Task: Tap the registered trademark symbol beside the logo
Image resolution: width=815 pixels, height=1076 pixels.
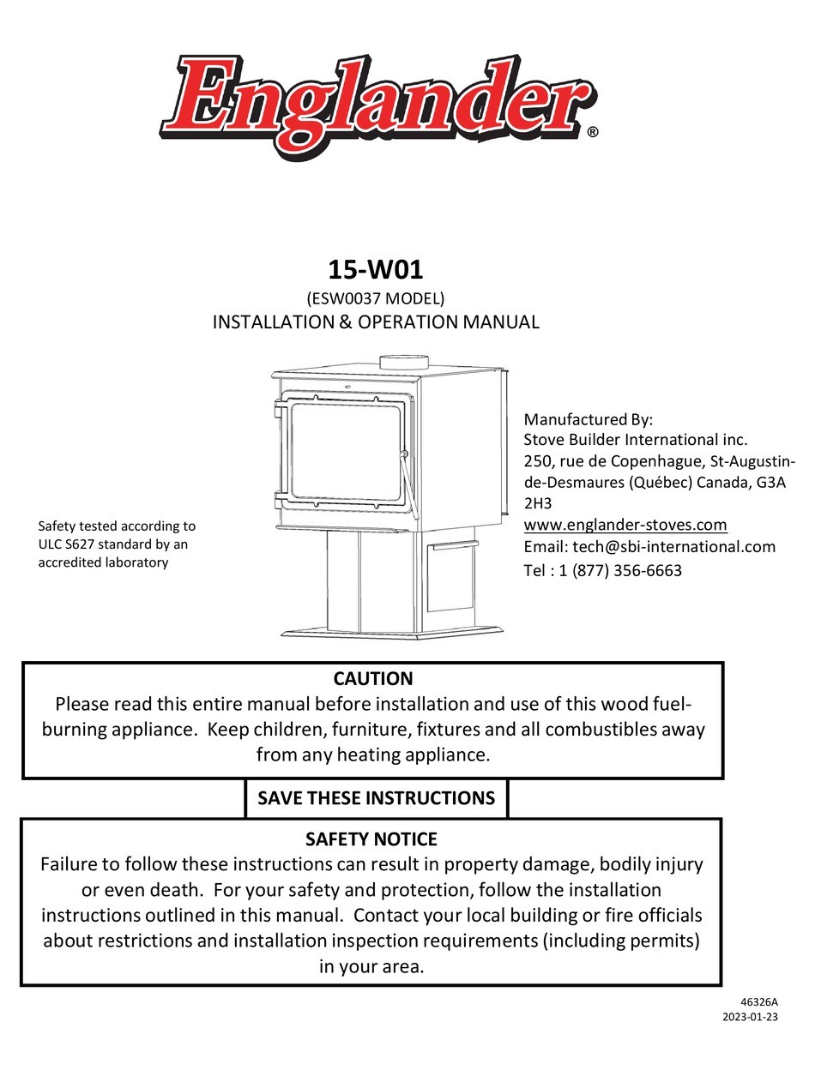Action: [593, 133]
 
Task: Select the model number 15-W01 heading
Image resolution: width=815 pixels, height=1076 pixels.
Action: [375, 269]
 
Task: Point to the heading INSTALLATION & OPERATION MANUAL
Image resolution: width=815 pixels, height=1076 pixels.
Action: [376, 322]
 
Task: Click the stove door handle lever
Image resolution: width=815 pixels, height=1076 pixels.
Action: [411, 489]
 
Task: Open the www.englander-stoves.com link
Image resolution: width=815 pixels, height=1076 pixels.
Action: [625, 525]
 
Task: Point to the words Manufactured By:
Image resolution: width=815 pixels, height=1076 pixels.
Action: [589, 419]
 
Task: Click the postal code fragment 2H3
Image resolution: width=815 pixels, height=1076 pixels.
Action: [538, 503]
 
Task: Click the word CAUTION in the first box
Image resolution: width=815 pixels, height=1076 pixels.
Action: [372, 679]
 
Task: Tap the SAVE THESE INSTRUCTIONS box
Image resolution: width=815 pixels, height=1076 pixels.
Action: [377, 798]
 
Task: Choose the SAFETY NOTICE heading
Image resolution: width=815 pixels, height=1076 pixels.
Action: [371, 839]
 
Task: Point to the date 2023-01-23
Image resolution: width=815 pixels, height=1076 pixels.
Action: [752, 1018]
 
